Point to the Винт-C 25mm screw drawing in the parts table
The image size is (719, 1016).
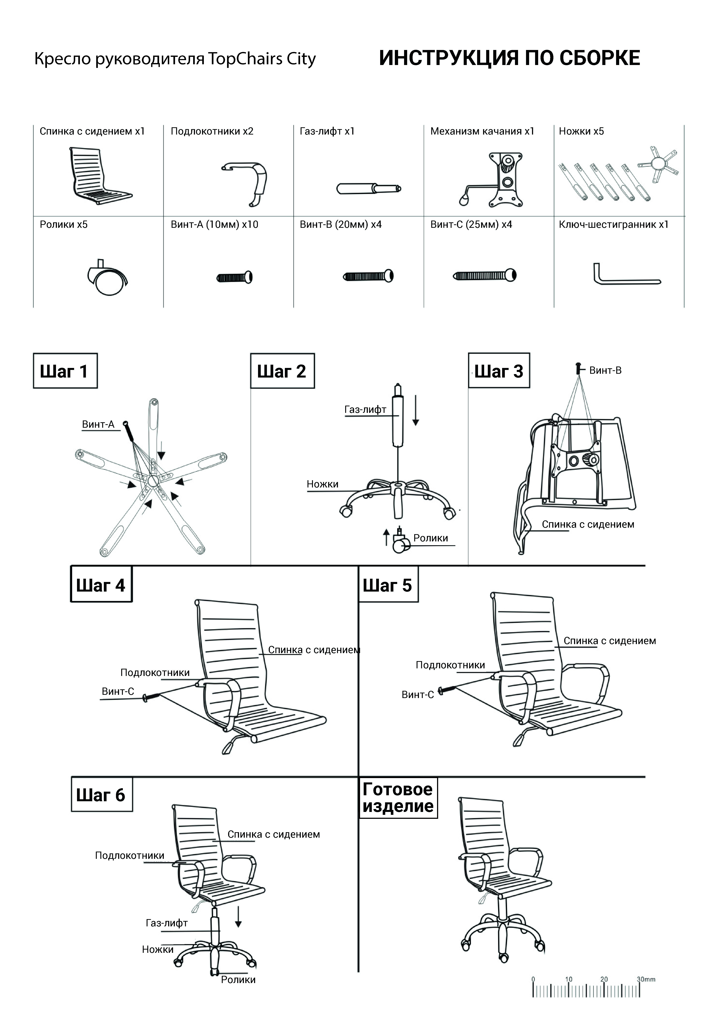[x=485, y=276]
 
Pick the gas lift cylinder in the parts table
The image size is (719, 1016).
[x=368, y=188]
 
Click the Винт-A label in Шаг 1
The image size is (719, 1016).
[x=98, y=424]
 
